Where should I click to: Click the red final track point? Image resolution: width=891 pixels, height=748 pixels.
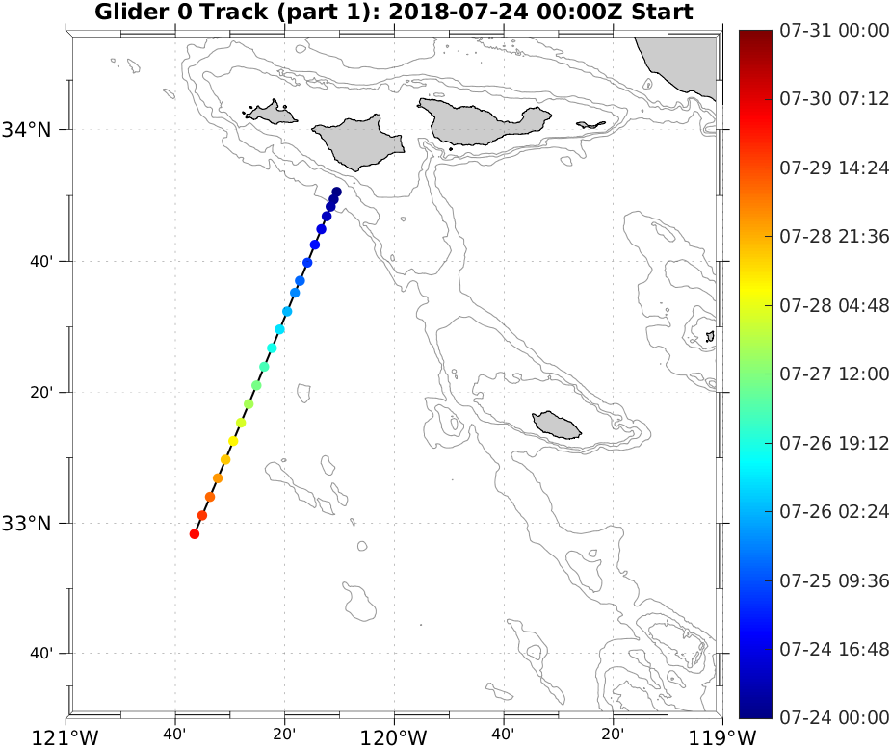coord(195,534)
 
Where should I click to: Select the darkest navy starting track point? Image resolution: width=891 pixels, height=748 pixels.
coord(337,192)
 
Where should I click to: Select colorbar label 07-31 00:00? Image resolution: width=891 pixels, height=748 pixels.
coord(834,31)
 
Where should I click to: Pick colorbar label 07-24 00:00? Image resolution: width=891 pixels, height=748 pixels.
coord(834,717)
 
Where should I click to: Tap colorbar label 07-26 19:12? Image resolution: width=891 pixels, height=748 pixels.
coord(834,443)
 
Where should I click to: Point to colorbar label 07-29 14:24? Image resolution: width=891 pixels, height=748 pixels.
coord(834,168)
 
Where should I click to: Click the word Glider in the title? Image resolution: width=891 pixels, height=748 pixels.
coord(126,13)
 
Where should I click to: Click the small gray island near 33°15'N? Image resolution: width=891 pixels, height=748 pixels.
coord(558,424)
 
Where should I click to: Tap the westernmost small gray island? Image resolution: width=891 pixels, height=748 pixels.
coord(272,113)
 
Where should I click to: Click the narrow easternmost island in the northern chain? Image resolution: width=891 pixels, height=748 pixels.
coord(590,125)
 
